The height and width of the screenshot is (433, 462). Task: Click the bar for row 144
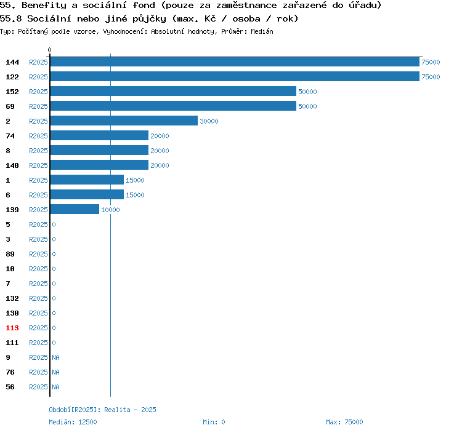coord(235,62)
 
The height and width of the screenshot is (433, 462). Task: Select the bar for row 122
coord(235,77)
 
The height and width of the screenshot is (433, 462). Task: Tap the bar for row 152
coord(173,92)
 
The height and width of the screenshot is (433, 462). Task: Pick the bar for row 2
coord(124,121)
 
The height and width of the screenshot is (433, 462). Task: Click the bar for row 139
coord(75,210)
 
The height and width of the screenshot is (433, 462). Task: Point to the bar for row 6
coord(87,195)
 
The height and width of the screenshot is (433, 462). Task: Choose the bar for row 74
coord(99,136)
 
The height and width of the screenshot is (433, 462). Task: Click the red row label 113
coord(12,328)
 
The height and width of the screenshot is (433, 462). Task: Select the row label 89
coord(9,254)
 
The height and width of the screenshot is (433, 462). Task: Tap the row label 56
coord(9,387)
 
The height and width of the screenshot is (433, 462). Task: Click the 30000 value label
coord(209,121)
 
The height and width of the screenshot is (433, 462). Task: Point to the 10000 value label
coord(110,210)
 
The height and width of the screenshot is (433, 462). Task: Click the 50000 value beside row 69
coord(307,106)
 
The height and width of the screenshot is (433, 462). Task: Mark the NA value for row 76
coord(55,372)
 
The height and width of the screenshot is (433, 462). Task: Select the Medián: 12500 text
coord(73,422)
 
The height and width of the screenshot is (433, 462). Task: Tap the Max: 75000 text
coord(344,422)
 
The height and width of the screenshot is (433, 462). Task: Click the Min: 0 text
coord(214,422)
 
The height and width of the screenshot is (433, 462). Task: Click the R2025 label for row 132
coord(38,298)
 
